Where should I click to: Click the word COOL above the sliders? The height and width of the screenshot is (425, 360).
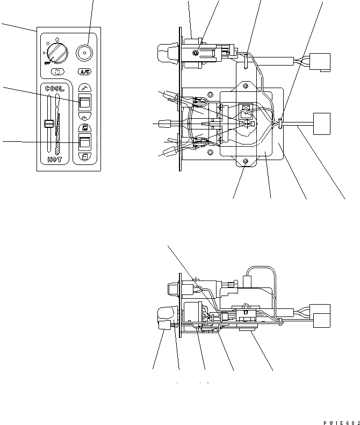point(54,89)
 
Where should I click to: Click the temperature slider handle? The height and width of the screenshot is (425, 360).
point(48,125)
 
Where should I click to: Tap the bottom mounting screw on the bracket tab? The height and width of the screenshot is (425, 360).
point(246,162)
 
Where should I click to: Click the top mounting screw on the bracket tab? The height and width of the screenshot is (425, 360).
point(245,84)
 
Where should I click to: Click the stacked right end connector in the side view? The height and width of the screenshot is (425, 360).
point(321,316)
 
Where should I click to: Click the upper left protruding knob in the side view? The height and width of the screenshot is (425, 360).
point(171,289)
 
